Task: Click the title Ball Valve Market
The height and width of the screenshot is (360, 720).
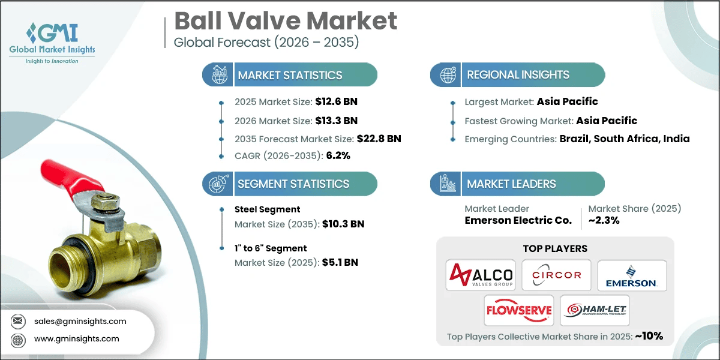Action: (286, 21)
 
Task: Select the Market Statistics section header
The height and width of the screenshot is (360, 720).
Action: (290, 75)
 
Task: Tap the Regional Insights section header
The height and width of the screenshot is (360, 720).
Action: (518, 75)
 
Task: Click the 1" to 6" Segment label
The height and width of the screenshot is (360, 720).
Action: (271, 248)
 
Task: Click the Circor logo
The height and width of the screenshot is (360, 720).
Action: (556, 275)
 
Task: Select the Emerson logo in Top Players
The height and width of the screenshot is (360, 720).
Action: (632, 275)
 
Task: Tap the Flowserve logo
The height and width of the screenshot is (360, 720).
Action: (519, 311)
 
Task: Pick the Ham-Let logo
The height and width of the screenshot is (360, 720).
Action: (595, 311)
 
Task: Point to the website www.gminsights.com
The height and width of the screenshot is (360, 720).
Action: (76, 338)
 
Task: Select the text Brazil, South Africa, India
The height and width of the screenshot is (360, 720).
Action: (625, 139)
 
